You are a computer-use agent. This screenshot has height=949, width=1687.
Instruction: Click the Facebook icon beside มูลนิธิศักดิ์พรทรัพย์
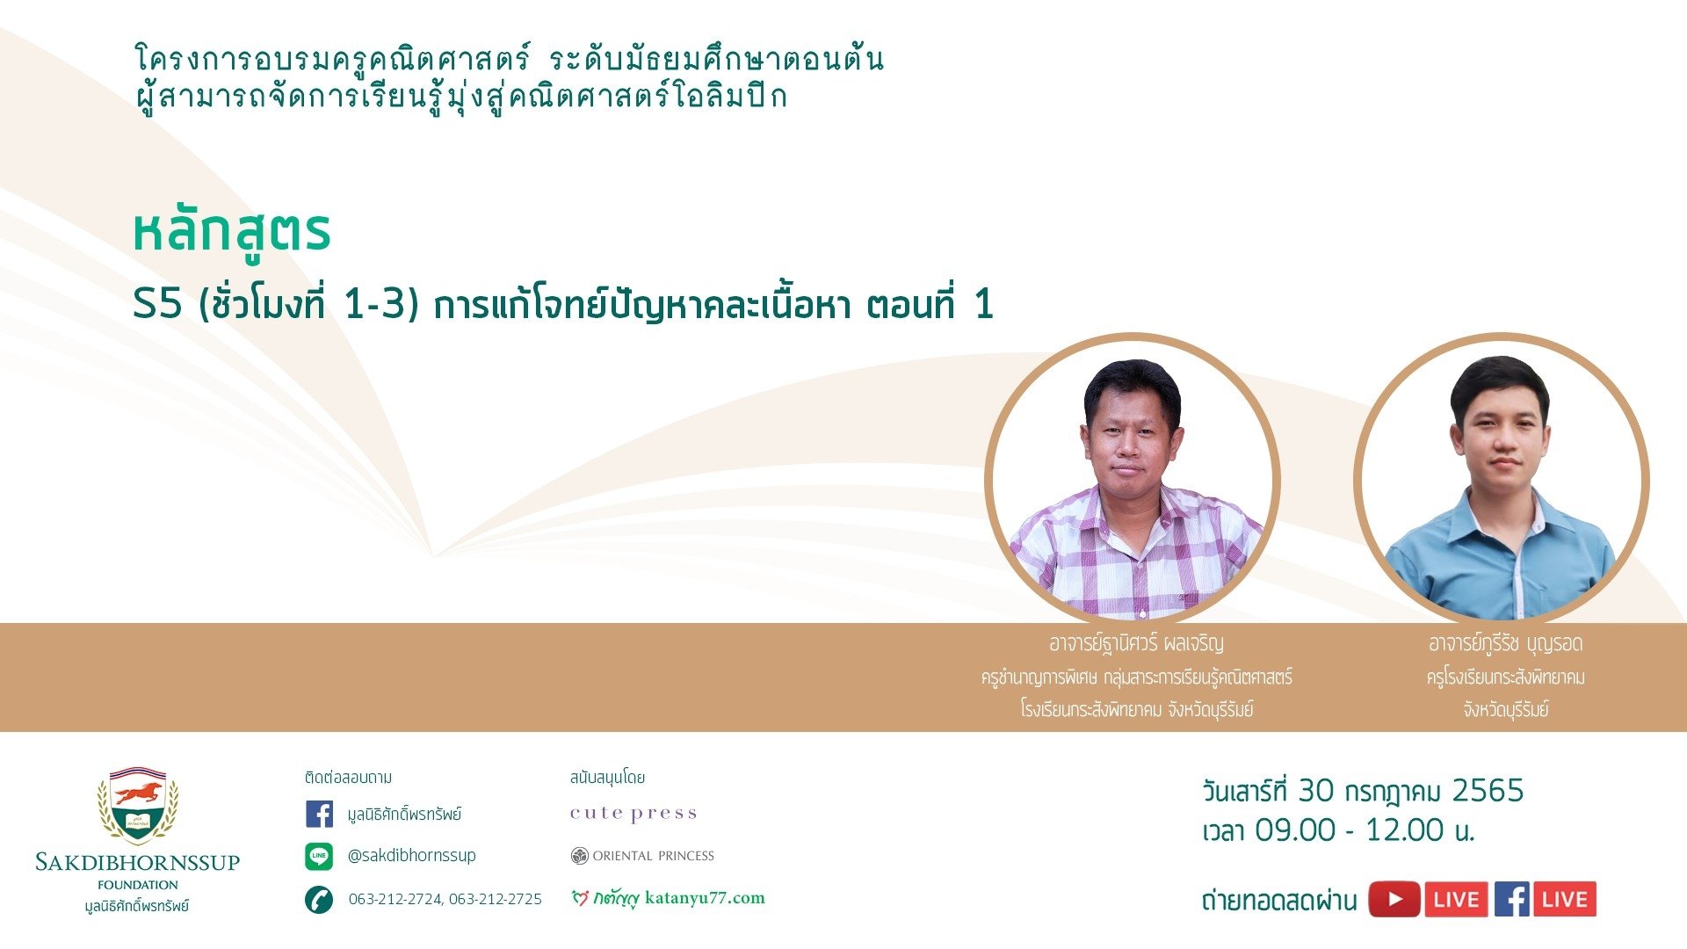[x=319, y=814]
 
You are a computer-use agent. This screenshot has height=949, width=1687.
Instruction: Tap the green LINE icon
[x=319, y=856]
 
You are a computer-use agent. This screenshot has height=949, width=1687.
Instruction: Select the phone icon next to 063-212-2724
[x=319, y=899]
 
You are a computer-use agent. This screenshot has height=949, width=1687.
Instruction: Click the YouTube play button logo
[x=1394, y=899]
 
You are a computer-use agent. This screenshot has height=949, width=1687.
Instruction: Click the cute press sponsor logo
[x=634, y=814]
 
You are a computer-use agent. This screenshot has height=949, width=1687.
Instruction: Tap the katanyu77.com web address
[x=705, y=898]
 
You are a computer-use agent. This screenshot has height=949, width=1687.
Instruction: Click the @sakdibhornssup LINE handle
[x=412, y=855]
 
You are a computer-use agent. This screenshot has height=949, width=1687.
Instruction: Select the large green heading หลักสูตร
[x=232, y=231]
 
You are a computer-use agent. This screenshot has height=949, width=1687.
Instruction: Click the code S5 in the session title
[x=157, y=305]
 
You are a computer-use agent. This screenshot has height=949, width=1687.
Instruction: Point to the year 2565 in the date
[x=1488, y=791]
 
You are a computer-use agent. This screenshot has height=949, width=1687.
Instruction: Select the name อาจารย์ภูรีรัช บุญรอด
[x=1506, y=644]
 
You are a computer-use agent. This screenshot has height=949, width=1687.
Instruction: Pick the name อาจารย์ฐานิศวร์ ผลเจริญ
[x=1136, y=643]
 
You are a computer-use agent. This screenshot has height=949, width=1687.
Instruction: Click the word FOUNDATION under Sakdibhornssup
[x=138, y=885]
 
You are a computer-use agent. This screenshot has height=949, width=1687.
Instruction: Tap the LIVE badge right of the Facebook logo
[x=1564, y=899]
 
